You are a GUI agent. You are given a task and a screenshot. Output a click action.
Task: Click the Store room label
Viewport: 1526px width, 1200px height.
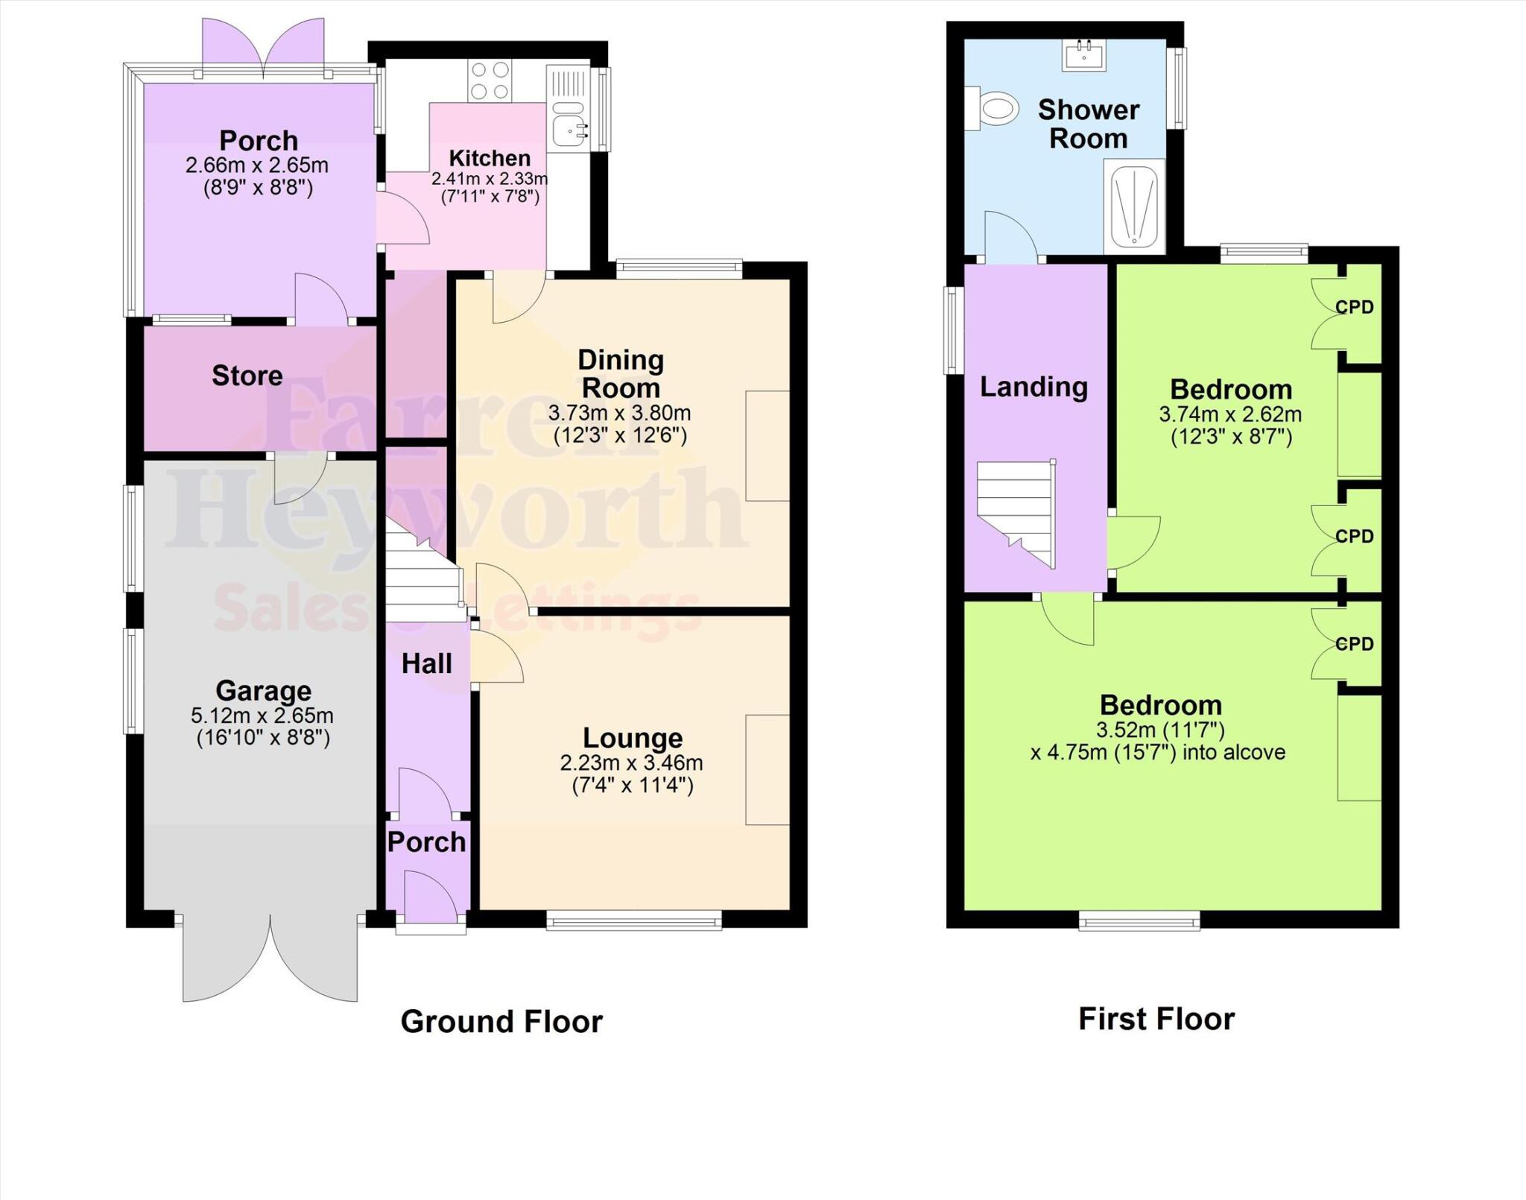(247, 376)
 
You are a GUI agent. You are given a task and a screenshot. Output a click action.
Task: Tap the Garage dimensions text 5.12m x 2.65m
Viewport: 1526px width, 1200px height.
(262, 716)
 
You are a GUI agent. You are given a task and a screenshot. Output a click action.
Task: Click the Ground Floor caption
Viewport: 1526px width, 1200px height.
(501, 1022)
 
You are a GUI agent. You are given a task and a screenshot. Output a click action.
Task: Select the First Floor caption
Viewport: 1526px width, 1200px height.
(1156, 1019)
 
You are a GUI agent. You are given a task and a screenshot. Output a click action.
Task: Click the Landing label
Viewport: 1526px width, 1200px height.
(1033, 387)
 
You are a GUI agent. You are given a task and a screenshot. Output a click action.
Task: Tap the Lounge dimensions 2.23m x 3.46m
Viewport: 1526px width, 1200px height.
(632, 763)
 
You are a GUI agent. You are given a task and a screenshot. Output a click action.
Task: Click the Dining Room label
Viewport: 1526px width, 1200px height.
(621, 373)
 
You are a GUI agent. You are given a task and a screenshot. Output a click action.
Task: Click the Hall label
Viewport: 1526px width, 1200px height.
(426, 664)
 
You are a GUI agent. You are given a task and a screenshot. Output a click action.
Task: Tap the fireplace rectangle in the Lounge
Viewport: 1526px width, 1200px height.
(767, 770)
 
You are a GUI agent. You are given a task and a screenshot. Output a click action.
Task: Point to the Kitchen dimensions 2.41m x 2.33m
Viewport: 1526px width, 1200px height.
(489, 179)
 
